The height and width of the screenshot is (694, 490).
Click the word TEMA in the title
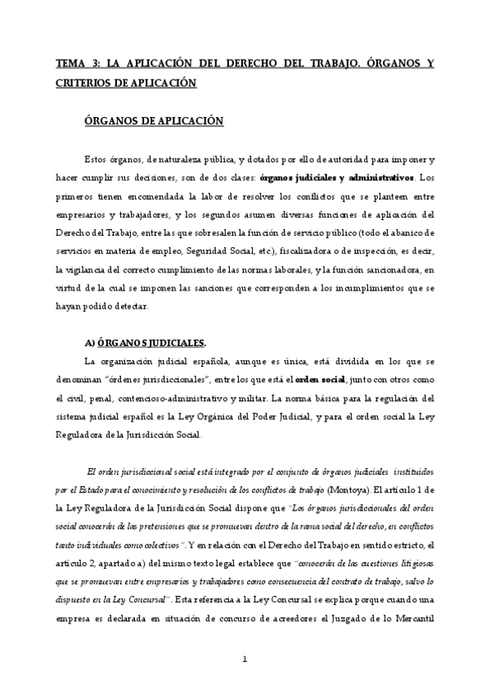pos(70,63)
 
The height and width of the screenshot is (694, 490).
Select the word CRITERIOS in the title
pos(86,83)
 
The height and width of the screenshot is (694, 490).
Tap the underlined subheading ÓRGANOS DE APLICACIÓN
pos(154,120)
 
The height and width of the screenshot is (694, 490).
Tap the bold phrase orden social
pos(320,380)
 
